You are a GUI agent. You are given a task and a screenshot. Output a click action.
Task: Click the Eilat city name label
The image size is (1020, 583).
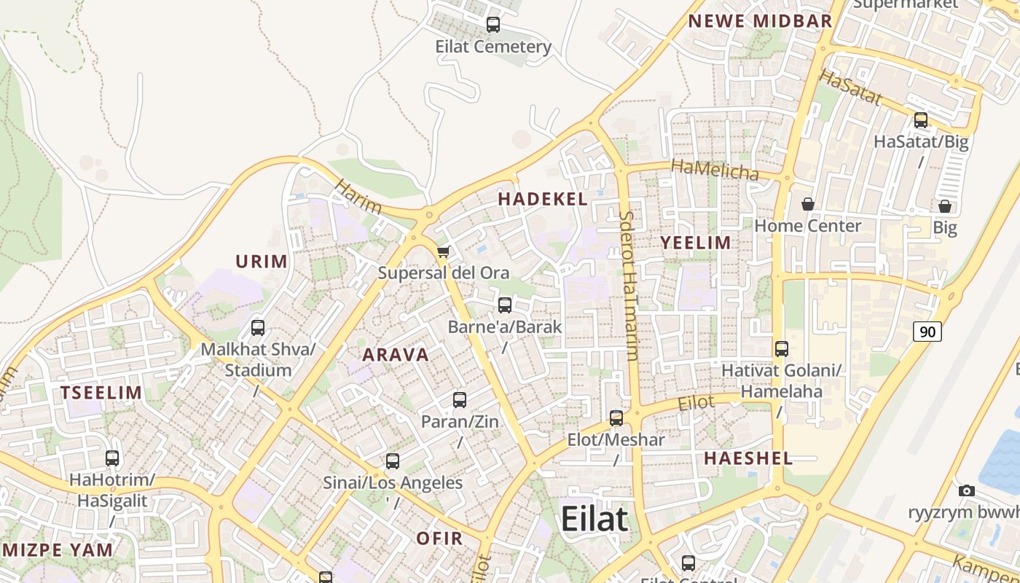594,519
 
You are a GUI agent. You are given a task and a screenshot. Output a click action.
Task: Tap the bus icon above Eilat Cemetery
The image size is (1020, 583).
493,25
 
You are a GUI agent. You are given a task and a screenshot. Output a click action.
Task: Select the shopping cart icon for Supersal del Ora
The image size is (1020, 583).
443,252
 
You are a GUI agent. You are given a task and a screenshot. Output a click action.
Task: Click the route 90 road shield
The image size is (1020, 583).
927,332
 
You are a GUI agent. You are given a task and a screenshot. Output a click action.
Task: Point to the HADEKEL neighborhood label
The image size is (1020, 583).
543,200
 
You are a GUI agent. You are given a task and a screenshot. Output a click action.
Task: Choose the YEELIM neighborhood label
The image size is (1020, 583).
695,243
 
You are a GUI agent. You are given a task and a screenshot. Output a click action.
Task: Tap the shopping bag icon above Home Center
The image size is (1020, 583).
807,204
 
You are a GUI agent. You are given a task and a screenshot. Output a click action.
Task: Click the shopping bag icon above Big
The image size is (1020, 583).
945,207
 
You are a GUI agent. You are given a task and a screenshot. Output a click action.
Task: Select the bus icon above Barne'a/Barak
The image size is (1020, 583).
505,305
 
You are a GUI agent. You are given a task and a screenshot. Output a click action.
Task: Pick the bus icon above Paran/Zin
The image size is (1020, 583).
460,400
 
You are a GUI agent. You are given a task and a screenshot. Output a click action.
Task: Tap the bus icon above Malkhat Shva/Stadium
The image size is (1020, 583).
258,328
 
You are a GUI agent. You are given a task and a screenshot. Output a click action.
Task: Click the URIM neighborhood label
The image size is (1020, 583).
262,261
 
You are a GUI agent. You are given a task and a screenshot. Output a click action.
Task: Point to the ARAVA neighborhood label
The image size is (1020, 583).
396,355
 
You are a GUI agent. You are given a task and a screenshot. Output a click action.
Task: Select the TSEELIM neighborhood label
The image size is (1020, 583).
101,393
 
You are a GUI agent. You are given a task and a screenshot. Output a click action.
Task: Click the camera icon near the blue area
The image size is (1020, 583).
967,490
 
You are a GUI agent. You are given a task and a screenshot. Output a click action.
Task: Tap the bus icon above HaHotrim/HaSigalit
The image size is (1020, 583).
112,458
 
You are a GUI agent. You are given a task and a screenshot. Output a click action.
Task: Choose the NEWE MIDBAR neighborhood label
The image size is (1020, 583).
760,21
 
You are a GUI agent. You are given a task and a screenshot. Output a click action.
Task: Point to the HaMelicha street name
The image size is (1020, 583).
715,170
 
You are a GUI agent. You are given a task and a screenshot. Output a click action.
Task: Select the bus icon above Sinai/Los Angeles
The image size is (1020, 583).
393,461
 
